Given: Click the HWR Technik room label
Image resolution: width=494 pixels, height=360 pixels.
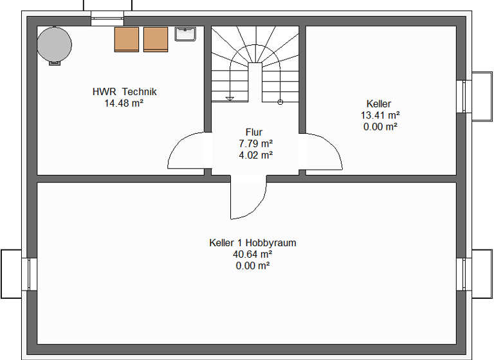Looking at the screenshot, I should [124, 91].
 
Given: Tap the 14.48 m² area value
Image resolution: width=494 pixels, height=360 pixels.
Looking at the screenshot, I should [123, 103].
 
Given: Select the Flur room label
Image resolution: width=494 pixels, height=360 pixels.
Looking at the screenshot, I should [254, 132].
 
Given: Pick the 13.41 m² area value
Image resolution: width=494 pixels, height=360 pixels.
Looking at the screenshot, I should [380, 115].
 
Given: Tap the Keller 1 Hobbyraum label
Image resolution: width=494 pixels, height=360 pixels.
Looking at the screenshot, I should [252, 243].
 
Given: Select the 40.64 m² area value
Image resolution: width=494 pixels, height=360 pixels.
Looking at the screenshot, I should [252, 254].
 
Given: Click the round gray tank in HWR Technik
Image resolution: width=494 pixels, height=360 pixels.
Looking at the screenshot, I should [54, 44].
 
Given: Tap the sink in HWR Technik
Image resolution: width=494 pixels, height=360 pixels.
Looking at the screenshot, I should [185, 33].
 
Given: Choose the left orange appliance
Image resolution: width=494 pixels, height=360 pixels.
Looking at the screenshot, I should [127, 39].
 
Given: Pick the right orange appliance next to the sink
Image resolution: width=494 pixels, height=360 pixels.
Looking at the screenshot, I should [156, 39].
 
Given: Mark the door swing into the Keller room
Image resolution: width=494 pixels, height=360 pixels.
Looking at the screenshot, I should [323, 152].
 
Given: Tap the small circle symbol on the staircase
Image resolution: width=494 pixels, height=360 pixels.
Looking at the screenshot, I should [280, 102].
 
